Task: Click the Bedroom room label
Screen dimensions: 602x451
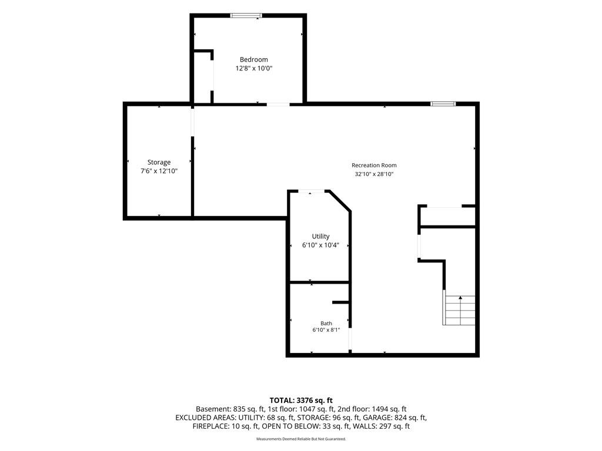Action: (x=254, y=59)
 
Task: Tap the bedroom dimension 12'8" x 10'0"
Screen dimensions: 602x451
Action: (x=254, y=68)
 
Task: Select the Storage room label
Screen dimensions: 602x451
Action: (x=159, y=162)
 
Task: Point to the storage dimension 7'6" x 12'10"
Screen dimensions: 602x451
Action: (x=159, y=171)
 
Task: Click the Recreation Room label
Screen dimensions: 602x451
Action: (x=374, y=165)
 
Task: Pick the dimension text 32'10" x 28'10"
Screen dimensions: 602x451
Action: (x=374, y=174)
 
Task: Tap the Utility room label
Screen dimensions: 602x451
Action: (x=320, y=236)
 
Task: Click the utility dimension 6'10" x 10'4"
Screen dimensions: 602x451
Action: (x=320, y=245)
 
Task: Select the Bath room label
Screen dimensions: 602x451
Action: (x=326, y=324)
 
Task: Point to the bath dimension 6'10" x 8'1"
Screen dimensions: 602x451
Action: (x=326, y=330)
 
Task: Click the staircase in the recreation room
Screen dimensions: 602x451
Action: (x=459, y=310)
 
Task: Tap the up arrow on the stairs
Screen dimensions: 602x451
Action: (x=460, y=298)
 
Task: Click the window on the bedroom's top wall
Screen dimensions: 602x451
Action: (x=246, y=16)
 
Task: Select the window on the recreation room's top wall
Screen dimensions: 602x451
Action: (x=443, y=103)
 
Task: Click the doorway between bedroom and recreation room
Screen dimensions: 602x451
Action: (x=278, y=104)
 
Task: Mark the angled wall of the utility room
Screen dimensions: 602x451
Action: (x=340, y=201)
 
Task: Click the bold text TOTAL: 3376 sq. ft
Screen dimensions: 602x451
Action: (x=301, y=400)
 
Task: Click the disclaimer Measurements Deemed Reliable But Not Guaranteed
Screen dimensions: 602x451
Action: (x=301, y=439)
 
